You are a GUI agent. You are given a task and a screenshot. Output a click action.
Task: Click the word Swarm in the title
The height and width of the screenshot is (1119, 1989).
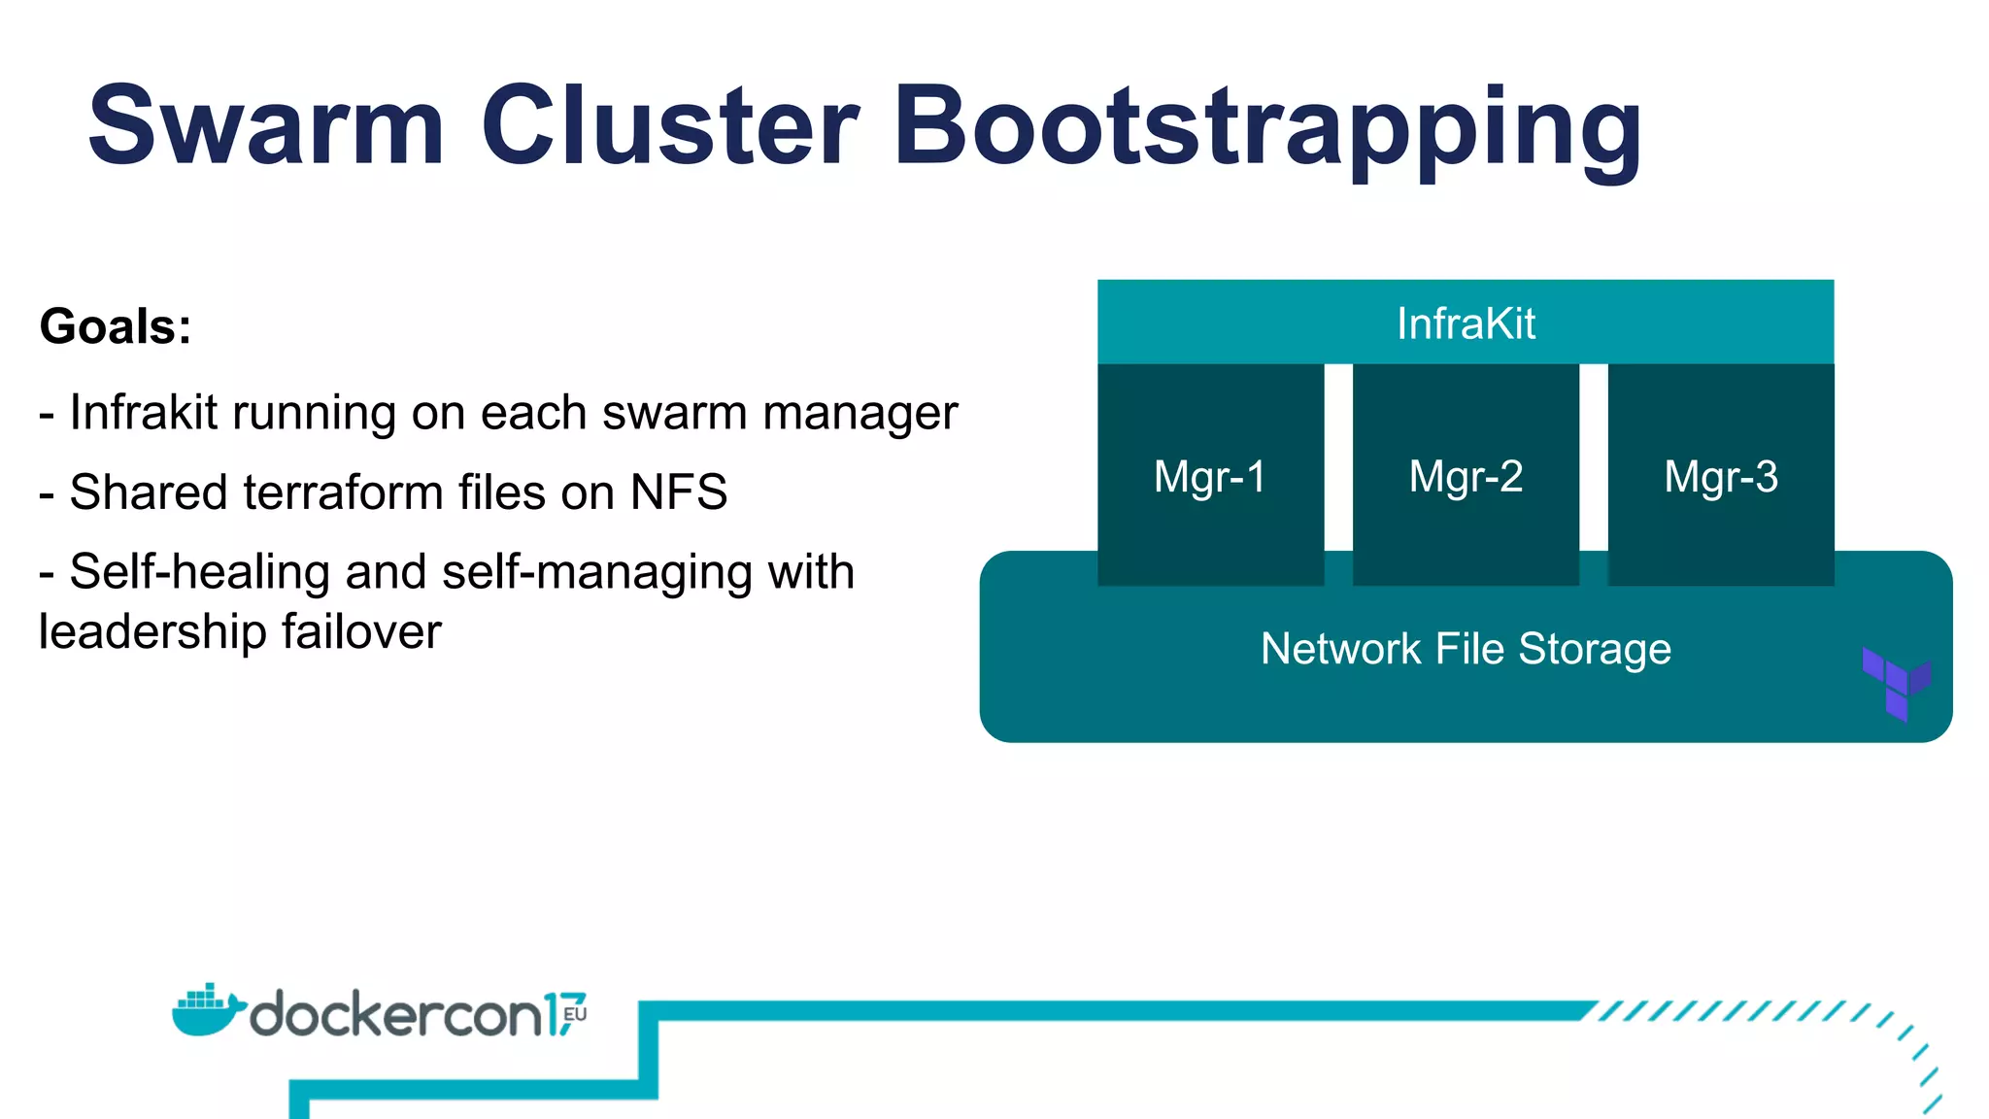pyautogui.click(x=265, y=126)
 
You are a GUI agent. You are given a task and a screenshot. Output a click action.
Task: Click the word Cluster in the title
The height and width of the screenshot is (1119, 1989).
pyautogui.click(x=669, y=126)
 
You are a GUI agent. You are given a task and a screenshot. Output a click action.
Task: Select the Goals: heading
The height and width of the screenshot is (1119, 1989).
pyautogui.click(x=115, y=326)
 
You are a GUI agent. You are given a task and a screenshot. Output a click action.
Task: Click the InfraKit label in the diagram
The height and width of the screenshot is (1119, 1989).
pyautogui.click(x=1465, y=323)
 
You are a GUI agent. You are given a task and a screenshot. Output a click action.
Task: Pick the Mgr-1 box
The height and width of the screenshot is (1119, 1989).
pyautogui.click(x=1210, y=476)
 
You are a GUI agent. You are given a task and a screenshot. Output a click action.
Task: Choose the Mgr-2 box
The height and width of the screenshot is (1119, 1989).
pyautogui.click(x=1466, y=476)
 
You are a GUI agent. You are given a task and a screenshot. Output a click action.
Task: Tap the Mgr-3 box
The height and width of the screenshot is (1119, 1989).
pyautogui.click(x=1721, y=476)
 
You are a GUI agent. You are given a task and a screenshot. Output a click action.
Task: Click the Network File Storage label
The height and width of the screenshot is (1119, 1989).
pyautogui.click(x=1465, y=649)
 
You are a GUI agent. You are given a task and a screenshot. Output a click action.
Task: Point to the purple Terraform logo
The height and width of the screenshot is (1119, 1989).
pyautogui.click(x=1896, y=683)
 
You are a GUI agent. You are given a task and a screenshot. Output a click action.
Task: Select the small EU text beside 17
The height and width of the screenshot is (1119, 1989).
pyautogui.click(x=575, y=1013)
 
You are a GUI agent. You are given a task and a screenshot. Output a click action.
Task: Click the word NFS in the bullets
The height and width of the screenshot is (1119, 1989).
pyautogui.click(x=678, y=492)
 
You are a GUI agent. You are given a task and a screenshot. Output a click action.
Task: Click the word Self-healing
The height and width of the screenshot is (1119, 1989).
pyautogui.click(x=199, y=572)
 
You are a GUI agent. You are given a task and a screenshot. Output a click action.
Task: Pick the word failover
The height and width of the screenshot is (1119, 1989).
pyautogui.click(x=361, y=632)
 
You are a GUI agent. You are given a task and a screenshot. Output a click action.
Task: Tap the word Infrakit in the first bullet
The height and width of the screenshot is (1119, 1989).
pyautogui.click(x=144, y=413)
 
